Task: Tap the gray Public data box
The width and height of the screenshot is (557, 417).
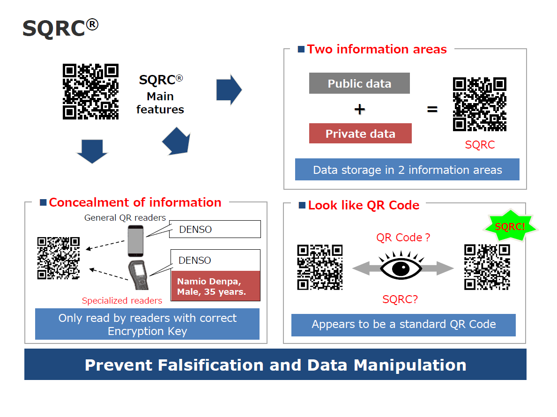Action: [359, 83]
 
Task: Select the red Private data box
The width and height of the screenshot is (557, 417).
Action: [360, 134]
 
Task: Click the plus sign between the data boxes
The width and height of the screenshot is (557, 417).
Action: [359, 109]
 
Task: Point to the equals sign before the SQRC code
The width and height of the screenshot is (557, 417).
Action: [432, 110]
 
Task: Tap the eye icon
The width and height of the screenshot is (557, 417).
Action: [402, 268]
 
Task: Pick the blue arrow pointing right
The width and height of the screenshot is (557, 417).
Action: [229, 89]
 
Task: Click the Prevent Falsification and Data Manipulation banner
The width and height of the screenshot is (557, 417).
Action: [275, 365]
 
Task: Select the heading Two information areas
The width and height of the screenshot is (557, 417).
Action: [377, 49]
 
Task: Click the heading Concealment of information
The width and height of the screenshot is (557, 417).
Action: [135, 202]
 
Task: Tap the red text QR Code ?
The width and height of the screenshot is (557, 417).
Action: [403, 238]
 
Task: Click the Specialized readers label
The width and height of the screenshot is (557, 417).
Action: [122, 301]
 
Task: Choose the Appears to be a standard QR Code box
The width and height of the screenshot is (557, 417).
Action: [403, 324]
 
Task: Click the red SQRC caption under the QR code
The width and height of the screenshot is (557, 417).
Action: [480, 145]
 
